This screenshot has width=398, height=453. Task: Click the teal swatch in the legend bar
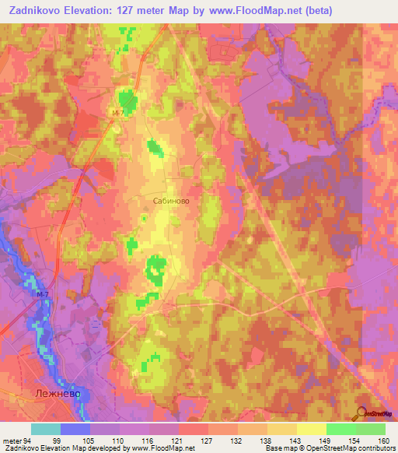pyautogui.click(x=46, y=429)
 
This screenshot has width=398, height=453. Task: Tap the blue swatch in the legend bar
pyautogui.click(x=75, y=429)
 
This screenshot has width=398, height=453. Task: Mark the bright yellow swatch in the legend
pyautogui.click(x=312, y=429)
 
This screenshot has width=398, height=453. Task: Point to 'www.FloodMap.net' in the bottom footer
pyautogui.click(x=162, y=448)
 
